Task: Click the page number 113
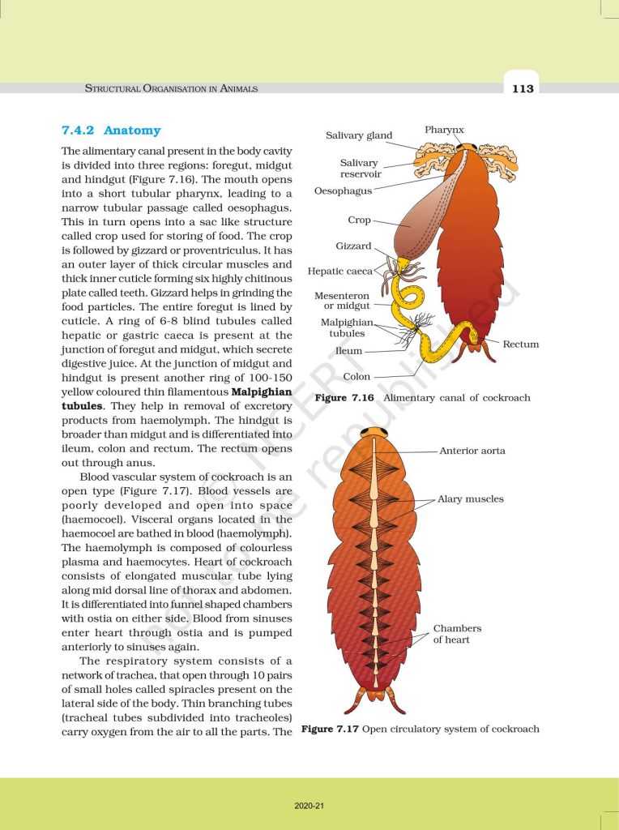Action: point(523,88)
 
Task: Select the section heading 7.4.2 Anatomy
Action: point(111,130)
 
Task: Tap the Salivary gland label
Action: point(359,135)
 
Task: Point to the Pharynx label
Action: point(444,130)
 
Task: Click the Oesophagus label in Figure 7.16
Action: point(343,191)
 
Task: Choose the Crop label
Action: point(359,220)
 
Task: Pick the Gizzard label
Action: point(353,246)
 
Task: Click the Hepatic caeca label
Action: point(339,271)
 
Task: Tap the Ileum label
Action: point(348,352)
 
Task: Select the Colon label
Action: point(356,376)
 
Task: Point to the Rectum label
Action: point(520,344)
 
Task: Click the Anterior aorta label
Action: point(472,451)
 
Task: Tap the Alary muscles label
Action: point(470,499)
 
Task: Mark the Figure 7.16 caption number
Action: point(344,398)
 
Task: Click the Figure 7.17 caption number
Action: point(330,729)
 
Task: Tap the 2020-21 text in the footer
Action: point(309,806)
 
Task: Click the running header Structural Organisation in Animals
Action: point(172,88)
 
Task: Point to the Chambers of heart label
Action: point(457,634)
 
